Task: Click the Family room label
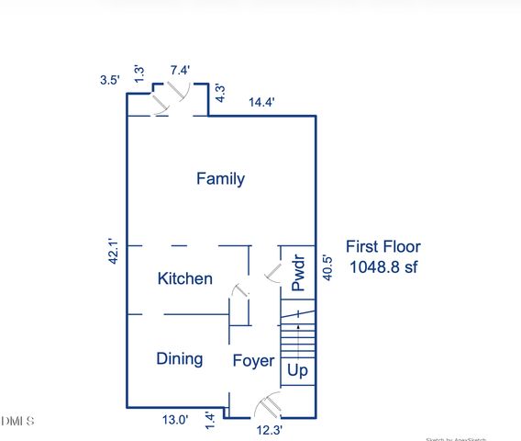pos(220,178)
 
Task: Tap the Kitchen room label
pos(185,278)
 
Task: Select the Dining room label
pos(179,358)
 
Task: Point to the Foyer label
pos(252,361)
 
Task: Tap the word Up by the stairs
pos(297,371)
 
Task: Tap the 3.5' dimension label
pos(110,80)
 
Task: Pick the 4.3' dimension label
pos(220,93)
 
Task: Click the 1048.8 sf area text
pos(382,267)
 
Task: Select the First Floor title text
pos(382,246)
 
